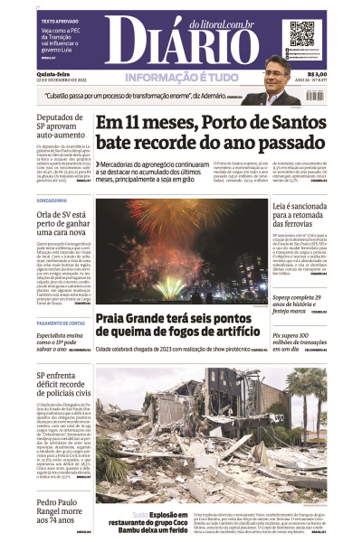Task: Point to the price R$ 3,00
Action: tap(317, 74)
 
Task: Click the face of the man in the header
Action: tap(275, 70)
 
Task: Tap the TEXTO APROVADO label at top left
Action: tap(59, 18)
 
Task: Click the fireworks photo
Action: tap(182, 250)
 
